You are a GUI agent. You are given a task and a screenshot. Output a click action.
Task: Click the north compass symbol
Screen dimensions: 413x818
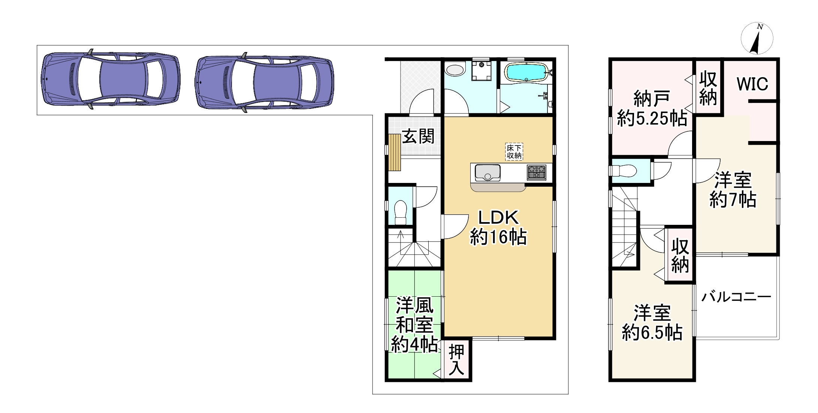click(x=757, y=39)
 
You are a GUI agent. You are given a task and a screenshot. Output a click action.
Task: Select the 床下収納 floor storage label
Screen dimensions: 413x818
click(x=514, y=152)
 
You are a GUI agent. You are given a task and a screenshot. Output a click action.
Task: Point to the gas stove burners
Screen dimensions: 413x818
click(x=537, y=172)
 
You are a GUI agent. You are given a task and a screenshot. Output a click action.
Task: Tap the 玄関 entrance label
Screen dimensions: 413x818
click(x=419, y=136)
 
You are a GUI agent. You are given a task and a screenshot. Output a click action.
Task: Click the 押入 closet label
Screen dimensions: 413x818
click(x=456, y=360)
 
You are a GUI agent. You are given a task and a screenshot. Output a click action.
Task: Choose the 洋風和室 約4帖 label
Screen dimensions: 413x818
click(x=414, y=324)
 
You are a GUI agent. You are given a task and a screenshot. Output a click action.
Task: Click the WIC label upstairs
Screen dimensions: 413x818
click(x=752, y=84)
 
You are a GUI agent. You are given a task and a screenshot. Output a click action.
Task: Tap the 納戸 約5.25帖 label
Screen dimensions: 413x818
click(x=652, y=108)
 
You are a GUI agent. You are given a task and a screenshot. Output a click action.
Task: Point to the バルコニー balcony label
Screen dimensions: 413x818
click(x=736, y=297)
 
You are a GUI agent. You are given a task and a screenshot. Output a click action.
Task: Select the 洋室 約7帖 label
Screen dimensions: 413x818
click(x=733, y=190)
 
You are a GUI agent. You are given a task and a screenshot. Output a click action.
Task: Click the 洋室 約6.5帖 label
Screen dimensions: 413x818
click(x=652, y=322)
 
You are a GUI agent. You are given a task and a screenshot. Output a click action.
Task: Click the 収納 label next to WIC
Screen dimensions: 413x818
click(x=708, y=89)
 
